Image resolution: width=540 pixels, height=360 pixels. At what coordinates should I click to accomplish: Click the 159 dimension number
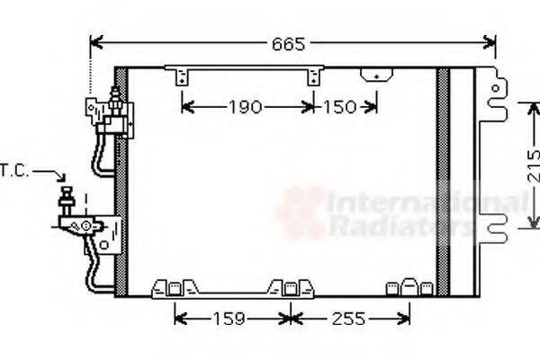click(232, 318)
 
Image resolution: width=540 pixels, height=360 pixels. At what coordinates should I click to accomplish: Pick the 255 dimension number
click(347, 318)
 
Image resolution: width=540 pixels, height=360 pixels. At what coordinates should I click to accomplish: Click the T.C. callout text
click(15, 170)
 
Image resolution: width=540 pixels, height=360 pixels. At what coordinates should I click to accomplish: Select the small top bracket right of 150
click(370, 76)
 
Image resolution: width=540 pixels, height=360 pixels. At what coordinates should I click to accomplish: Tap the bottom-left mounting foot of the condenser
click(173, 288)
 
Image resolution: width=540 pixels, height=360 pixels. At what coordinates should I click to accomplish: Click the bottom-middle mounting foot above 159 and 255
click(290, 287)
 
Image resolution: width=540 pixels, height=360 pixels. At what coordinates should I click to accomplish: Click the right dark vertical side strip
click(443, 180)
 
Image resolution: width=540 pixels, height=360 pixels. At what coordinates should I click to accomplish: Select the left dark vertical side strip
click(121, 180)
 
